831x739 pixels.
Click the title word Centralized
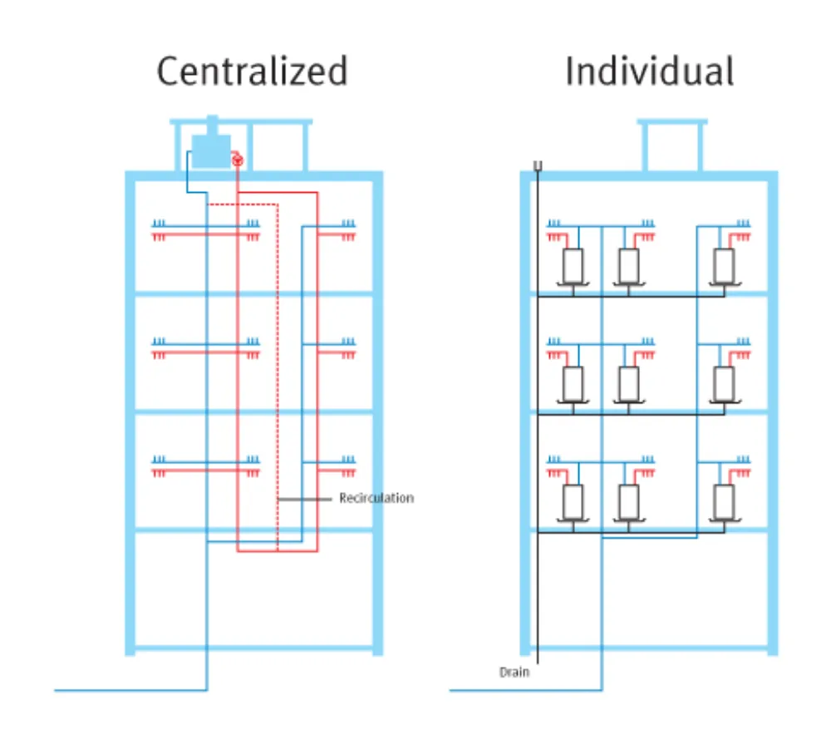253,71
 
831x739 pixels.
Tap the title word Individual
650,71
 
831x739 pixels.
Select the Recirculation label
376,498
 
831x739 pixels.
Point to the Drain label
514,672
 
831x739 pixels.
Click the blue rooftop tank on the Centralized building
211,150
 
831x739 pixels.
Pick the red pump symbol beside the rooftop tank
238,160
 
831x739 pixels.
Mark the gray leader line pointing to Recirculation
305,499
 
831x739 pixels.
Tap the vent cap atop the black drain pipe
538,166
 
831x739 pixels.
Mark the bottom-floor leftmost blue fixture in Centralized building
159,459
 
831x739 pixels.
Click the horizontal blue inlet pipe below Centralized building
130,690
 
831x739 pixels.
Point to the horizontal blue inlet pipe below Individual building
526,690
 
